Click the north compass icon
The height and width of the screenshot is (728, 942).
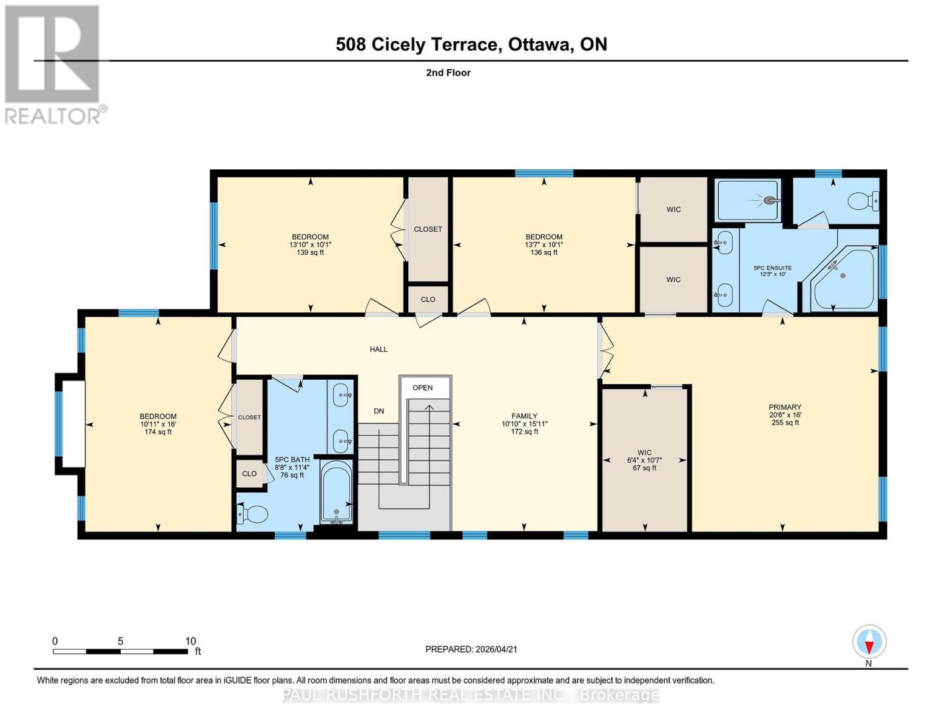tap(869, 642)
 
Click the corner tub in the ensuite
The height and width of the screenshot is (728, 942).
tap(845, 278)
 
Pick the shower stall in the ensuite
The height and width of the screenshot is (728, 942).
tap(747, 200)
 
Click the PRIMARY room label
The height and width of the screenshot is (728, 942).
tap(785, 407)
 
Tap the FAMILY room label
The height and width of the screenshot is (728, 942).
tap(524, 416)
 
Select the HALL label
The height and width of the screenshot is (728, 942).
tap(378, 349)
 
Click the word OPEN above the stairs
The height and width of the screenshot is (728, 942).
tap(423, 388)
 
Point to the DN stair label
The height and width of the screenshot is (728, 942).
tap(378, 411)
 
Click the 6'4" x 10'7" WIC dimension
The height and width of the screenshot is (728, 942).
tap(644, 460)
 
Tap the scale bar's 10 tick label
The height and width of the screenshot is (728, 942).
tap(190, 641)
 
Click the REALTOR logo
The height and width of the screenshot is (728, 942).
tap(53, 64)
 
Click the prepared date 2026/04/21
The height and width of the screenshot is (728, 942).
tap(471, 649)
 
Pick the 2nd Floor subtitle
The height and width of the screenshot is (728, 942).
tap(448, 73)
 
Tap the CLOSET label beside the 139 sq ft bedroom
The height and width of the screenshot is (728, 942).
tap(428, 229)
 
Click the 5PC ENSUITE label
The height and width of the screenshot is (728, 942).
tap(772, 268)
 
